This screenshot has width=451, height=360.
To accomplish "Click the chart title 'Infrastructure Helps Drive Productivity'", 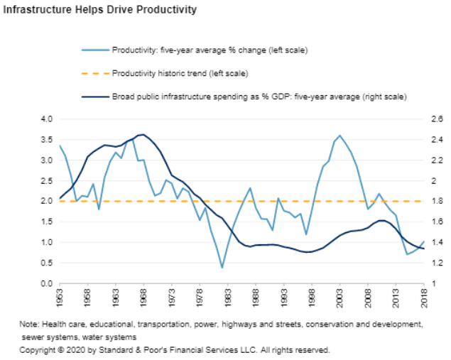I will tap(100, 11).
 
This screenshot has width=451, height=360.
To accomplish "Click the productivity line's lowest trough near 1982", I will tap(222, 268).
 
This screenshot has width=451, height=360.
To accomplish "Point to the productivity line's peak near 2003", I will tap(339, 135).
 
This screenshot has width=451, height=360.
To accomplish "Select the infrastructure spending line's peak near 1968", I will tap(143, 134).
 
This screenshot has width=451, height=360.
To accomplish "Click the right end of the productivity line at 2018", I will tap(424, 241).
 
